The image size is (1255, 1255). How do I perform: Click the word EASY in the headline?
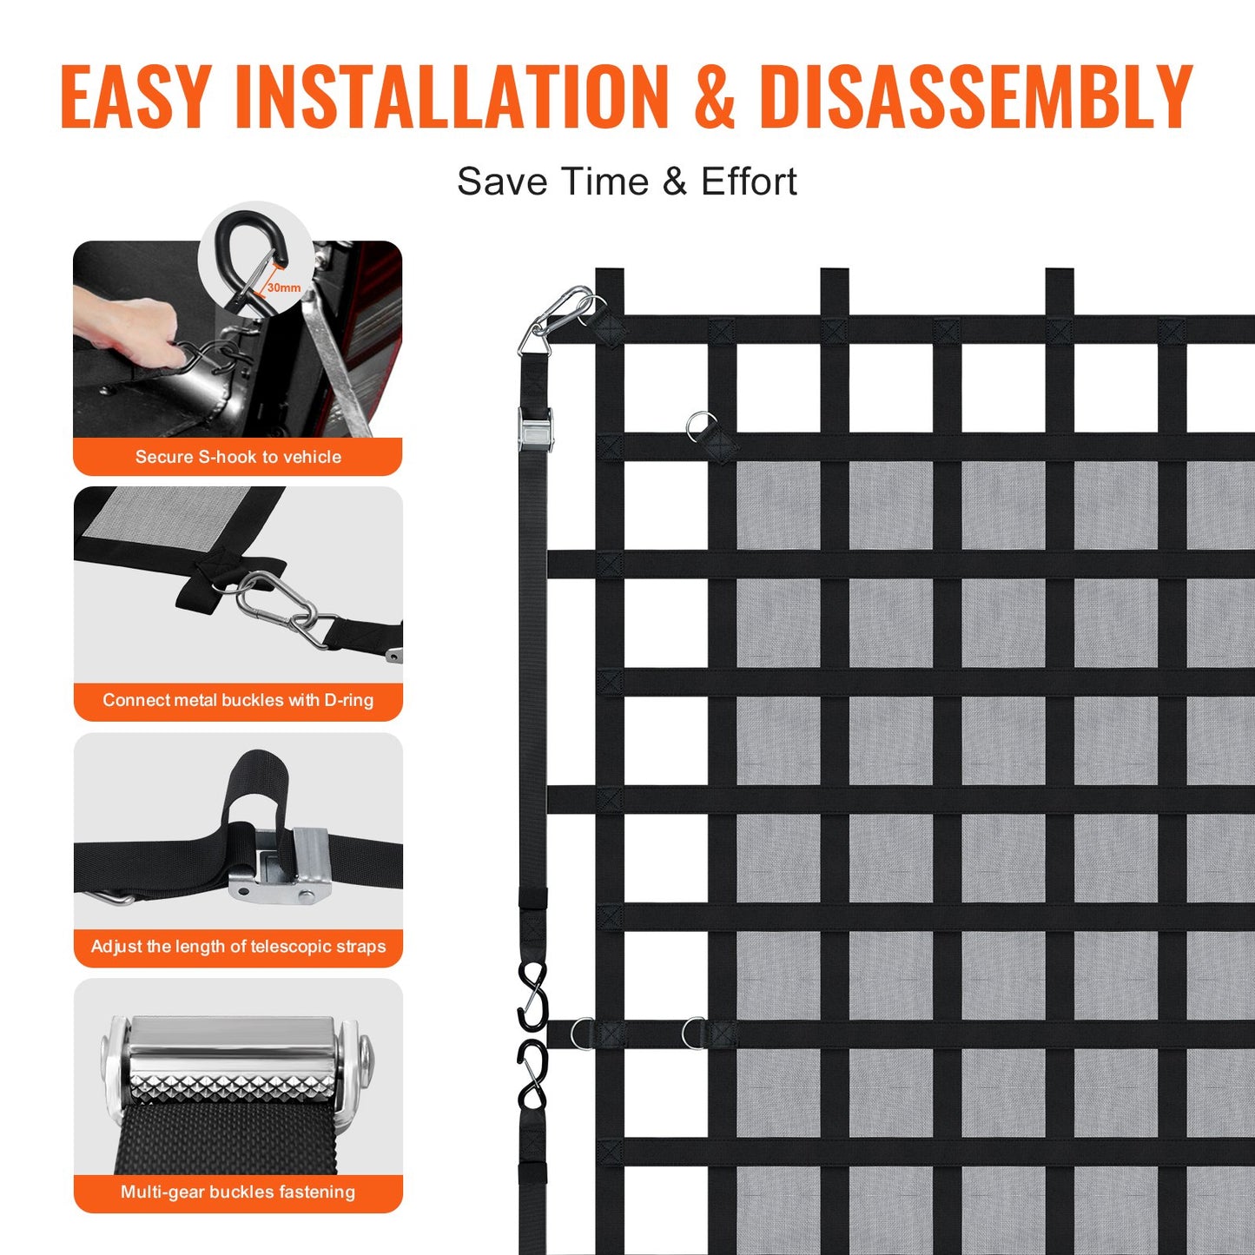(x=135, y=96)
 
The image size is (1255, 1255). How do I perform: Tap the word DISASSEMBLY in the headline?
(x=975, y=96)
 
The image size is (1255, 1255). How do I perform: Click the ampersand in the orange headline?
(x=714, y=96)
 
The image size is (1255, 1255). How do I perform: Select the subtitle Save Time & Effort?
(x=626, y=182)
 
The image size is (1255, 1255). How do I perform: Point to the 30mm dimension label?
(x=284, y=287)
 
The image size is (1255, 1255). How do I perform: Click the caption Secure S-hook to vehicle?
(x=238, y=457)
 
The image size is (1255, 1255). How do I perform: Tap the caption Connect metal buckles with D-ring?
(x=238, y=700)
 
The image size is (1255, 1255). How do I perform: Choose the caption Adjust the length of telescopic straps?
(x=238, y=947)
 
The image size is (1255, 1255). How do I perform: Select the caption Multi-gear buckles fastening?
(x=238, y=1192)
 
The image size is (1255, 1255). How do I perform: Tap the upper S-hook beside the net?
(x=533, y=994)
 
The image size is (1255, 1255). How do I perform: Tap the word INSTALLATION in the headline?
(x=452, y=96)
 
